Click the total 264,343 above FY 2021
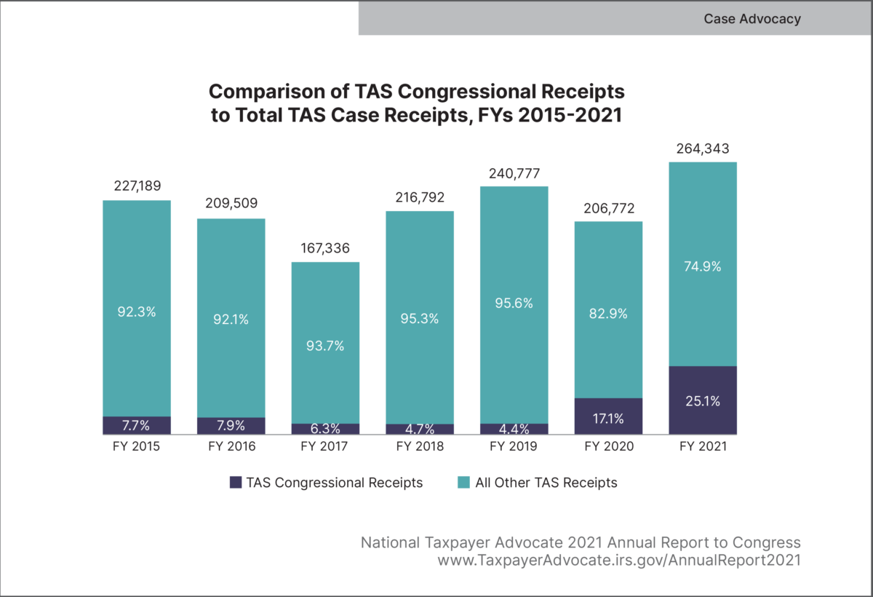click(x=703, y=149)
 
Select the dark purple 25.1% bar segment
click(x=703, y=400)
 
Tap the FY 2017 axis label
click(x=325, y=446)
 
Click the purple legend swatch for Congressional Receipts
click(x=235, y=482)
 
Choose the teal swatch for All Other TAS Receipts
click(x=463, y=482)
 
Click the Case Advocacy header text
click(x=752, y=19)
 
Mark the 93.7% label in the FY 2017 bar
click(x=325, y=347)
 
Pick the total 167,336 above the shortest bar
click(x=325, y=249)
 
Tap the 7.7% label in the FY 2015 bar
click(x=137, y=425)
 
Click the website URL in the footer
click(x=619, y=561)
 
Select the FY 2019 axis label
click(x=514, y=446)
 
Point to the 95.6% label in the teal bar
click(x=514, y=304)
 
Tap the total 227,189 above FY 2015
click(x=137, y=187)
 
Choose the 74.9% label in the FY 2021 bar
click(x=703, y=266)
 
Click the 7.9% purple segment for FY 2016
click(x=231, y=426)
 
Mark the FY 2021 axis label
click(x=703, y=446)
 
